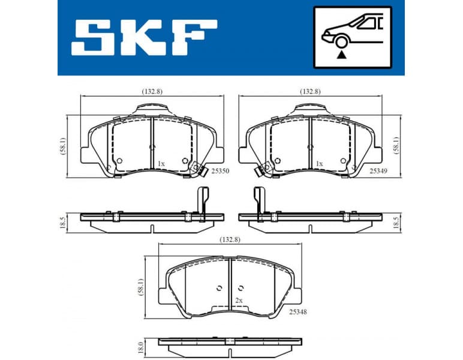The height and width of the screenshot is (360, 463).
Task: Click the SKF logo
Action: pos(144,37)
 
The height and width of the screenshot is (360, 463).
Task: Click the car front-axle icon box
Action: pos(351,37)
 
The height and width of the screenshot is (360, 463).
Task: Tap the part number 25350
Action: pos(219,172)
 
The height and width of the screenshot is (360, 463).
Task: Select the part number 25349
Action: pos(378,172)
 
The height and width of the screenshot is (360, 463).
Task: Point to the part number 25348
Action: pos(299,312)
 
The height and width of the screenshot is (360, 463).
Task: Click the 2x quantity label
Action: pos(238,300)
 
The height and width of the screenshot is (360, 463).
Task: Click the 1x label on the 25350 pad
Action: pos(160,163)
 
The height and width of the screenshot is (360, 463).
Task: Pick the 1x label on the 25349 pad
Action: pos(319,163)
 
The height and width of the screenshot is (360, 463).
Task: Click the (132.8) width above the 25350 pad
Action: pos(152,91)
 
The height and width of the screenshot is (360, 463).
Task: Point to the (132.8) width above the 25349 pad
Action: pos(310,91)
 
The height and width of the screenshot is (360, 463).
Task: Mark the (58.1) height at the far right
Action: pos(396,144)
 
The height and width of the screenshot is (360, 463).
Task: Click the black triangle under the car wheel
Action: pos(342,54)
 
